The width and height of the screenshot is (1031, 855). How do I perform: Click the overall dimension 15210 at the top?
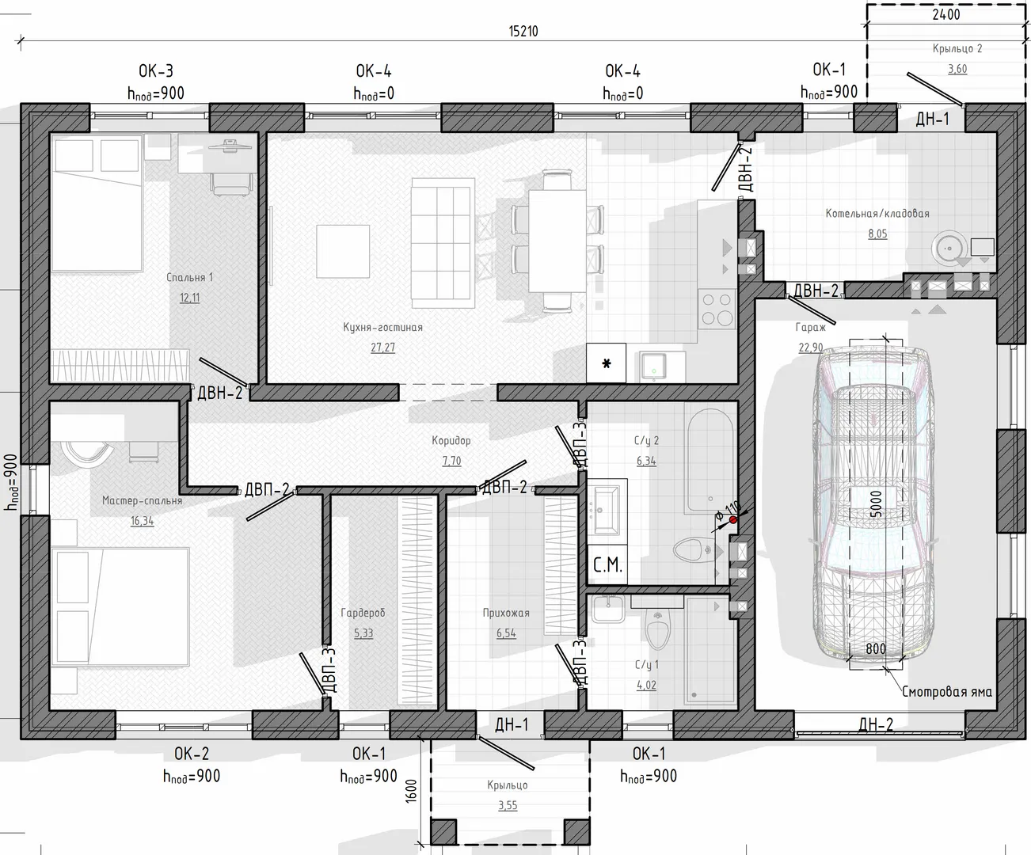(523, 32)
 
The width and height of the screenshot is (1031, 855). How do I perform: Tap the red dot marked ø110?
(733, 520)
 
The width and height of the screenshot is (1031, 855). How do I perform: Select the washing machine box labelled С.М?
(607, 565)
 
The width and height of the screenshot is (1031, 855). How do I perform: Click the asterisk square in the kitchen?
(607, 363)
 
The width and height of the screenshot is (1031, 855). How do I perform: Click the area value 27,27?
(382, 348)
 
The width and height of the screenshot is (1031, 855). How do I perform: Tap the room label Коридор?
(451, 440)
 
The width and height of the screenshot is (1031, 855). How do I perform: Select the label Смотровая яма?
(947, 692)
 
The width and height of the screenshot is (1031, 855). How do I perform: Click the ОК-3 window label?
(155, 71)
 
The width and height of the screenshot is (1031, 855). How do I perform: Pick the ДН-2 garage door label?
(876, 724)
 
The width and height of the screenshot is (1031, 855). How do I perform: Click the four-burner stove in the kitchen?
(717, 309)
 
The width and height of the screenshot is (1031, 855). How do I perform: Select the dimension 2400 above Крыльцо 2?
(946, 15)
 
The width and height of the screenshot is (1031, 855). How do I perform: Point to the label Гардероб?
(363, 613)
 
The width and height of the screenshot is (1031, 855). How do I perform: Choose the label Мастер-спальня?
(143, 500)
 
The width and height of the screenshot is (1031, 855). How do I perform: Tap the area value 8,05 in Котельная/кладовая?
(877, 234)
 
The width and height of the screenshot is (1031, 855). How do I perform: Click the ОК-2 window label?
(192, 754)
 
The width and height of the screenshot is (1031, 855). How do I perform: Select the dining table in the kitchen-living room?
(557, 241)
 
